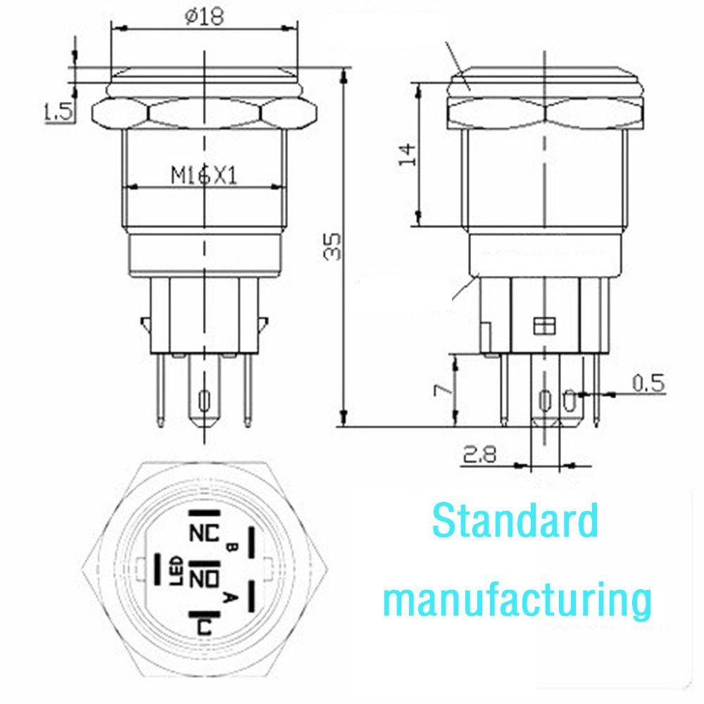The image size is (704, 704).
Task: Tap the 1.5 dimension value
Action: coord(58,112)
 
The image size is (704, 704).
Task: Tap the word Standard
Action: coord(515,522)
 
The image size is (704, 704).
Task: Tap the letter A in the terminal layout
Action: coord(227,598)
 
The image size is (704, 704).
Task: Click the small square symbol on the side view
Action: coord(541,325)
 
